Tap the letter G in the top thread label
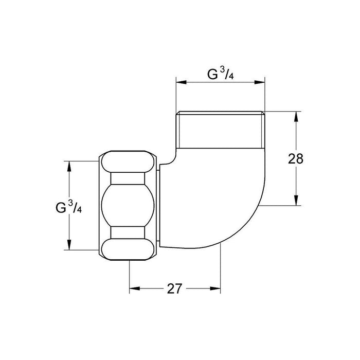[212, 75]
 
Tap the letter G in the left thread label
[61, 208]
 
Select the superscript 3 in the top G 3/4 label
[222, 71]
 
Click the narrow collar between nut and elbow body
[161, 206]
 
